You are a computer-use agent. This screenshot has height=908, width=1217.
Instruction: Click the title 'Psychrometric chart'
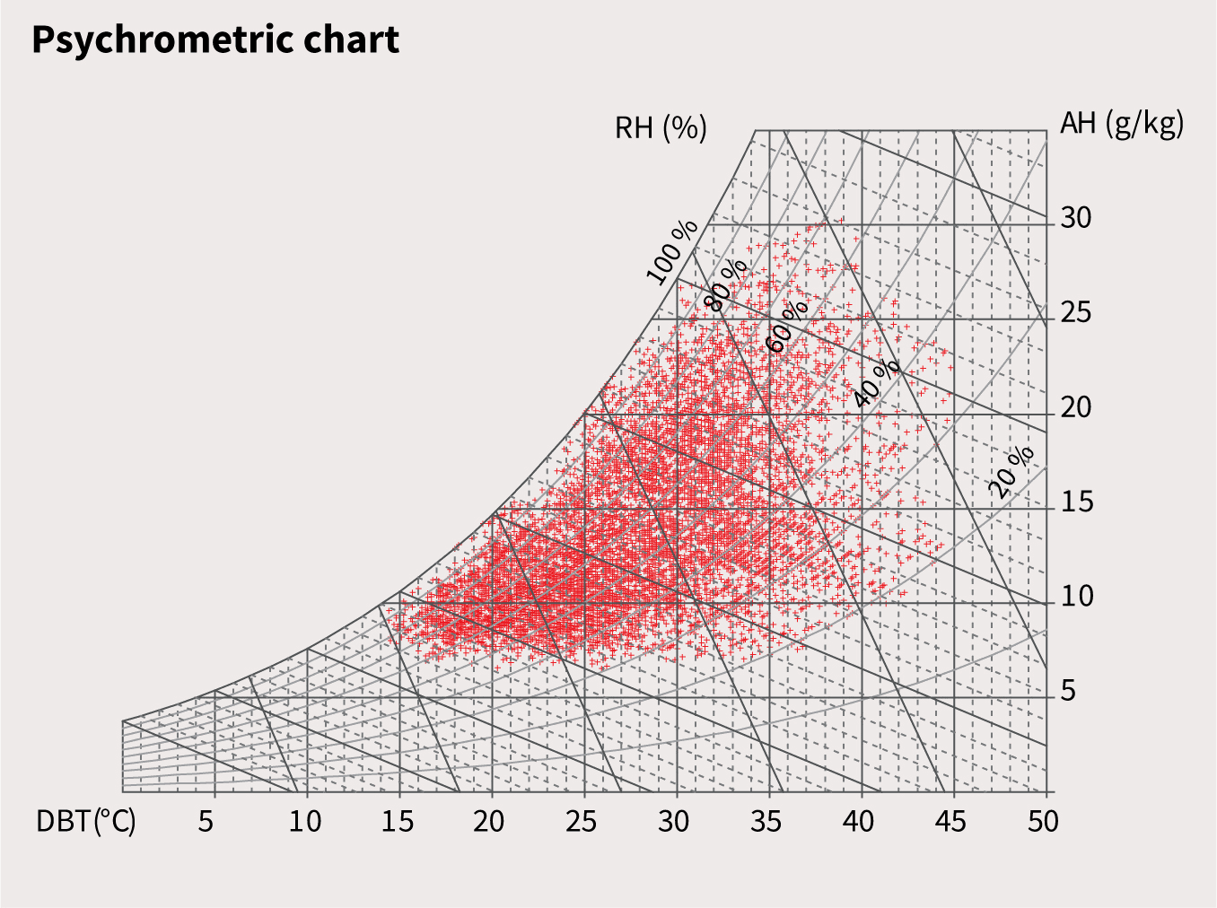(215, 40)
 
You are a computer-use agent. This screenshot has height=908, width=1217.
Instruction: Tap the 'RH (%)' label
(661, 128)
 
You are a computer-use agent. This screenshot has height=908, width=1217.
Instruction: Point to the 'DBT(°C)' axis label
(86, 821)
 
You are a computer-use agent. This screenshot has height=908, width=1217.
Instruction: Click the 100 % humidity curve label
(672, 251)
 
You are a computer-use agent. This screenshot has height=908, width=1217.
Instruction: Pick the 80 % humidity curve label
(727, 284)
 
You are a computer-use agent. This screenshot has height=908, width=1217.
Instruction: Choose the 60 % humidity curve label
(787, 326)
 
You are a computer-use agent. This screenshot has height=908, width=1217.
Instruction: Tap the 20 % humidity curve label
(1011, 470)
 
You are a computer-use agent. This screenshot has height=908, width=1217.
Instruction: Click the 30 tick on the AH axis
(1076, 218)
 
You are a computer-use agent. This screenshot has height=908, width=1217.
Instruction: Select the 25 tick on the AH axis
(1076, 313)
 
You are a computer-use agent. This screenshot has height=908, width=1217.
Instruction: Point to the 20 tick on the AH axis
(1076, 408)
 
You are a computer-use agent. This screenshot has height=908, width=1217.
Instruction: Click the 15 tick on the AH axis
(1076, 502)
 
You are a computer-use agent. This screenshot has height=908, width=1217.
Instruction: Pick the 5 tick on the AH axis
(1068, 692)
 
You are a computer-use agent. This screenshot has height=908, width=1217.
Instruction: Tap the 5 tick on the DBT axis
(206, 821)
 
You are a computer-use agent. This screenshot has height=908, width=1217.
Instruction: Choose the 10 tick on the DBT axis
(305, 821)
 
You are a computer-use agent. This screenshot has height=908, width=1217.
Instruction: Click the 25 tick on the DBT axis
(582, 821)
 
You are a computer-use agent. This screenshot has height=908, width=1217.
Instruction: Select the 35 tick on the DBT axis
(766, 821)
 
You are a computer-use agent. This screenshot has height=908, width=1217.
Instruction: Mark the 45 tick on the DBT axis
(951, 821)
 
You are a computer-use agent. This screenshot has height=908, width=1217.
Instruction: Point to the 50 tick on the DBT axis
(1044, 821)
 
